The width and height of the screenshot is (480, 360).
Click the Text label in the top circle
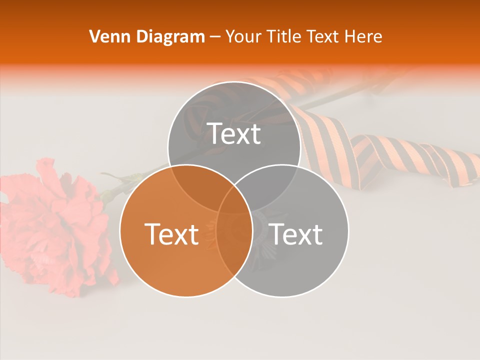coord(234,133)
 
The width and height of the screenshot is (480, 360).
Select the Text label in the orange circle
coord(171,234)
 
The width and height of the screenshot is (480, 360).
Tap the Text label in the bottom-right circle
coord(296,234)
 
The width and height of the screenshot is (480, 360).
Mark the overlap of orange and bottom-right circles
coord(234,250)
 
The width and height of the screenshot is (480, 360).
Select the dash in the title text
coord(215,37)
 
